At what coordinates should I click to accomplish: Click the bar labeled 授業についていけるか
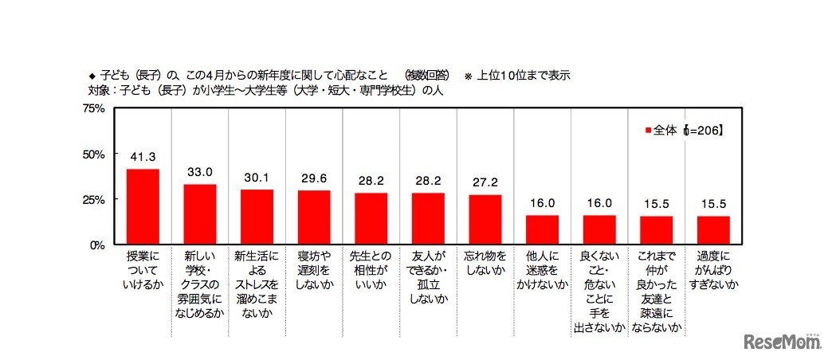143,206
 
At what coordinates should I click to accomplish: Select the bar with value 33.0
200,214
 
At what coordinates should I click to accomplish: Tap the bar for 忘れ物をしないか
485,219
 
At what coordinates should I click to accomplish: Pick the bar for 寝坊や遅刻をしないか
314,217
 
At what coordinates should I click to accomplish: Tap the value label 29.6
314,180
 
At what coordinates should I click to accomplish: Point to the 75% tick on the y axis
95,108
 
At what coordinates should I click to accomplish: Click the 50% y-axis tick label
95,154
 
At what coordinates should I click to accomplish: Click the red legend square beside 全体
648,129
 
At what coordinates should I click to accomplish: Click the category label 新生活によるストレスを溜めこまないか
257,278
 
